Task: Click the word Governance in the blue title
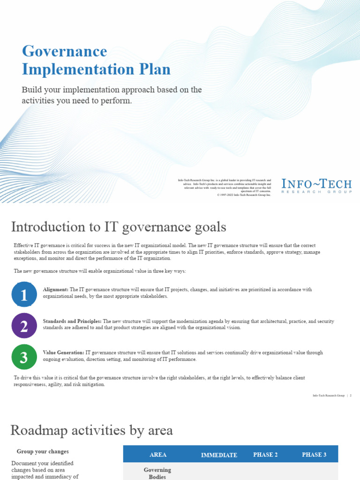pyautogui.click(x=65, y=51)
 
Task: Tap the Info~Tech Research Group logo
pyautogui.click(x=316, y=186)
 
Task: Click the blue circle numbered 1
pyautogui.click(x=24, y=294)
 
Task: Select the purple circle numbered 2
pyautogui.click(x=24, y=325)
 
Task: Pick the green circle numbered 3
pyautogui.click(x=24, y=357)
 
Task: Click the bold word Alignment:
pyautogui.click(x=55, y=290)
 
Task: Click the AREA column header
pyautogui.click(x=158, y=455)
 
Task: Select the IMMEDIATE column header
pyautogui.click(x=219, y=455)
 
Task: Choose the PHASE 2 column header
pyautogui.click(x=265, y=455)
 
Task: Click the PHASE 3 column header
pyautogui.click(x=314, y=455)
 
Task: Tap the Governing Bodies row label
pyautogui.click(x=157, y=473)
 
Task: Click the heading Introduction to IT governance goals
pyautogui.click(x=119, y=227)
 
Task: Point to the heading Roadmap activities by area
pyautogui.click(x=91, y=430)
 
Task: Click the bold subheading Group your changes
pyautogui.click(x=43, y=451)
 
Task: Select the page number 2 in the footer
pyautogui.click(x=351, y=396)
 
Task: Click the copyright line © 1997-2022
pyautogui.click(x=244, y=195)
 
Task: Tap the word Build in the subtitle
pyautogui.click(x=31, y=90)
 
